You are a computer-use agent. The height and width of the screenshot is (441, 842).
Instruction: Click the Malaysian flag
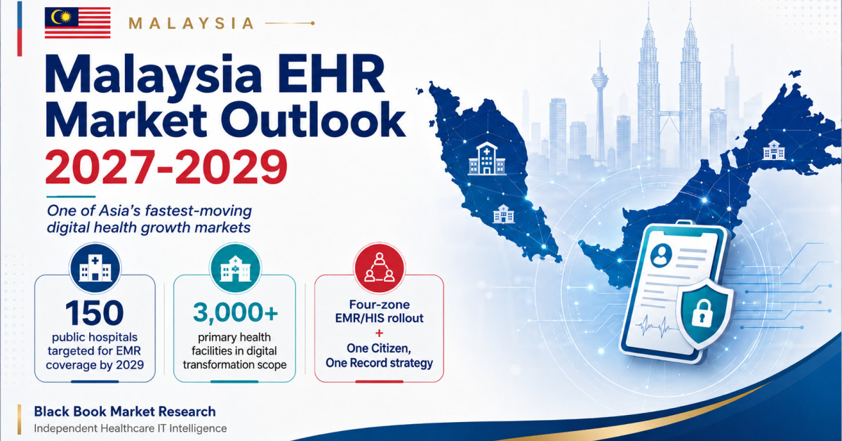coord(77,22)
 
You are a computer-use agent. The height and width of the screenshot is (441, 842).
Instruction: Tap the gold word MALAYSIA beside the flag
coord(192,23)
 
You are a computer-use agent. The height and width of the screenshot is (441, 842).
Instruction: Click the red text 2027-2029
coord(166,166)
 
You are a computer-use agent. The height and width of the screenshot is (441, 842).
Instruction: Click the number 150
coord(94,312)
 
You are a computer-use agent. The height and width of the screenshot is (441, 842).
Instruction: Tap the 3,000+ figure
coord(235,312)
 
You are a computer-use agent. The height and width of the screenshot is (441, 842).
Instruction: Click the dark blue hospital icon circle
coord(95,268)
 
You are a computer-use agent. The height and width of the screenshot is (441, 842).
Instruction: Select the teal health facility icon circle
coord(235,268)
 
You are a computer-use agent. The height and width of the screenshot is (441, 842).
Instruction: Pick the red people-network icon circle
coord(380,268)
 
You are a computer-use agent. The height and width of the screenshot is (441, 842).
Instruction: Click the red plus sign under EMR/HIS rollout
coord(379,333)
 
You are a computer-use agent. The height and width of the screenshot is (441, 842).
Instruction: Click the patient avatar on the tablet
coord(661,256)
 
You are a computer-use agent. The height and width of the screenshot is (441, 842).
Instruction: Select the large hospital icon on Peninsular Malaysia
coord(487,159)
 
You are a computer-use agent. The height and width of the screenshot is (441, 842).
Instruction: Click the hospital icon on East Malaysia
coord(773,150)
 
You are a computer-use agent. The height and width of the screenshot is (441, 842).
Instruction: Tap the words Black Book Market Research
coord(125,412)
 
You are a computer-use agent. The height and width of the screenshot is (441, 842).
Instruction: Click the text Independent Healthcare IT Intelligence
coord(131,428)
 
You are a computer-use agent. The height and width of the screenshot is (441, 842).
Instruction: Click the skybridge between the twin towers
coord(669,114)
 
